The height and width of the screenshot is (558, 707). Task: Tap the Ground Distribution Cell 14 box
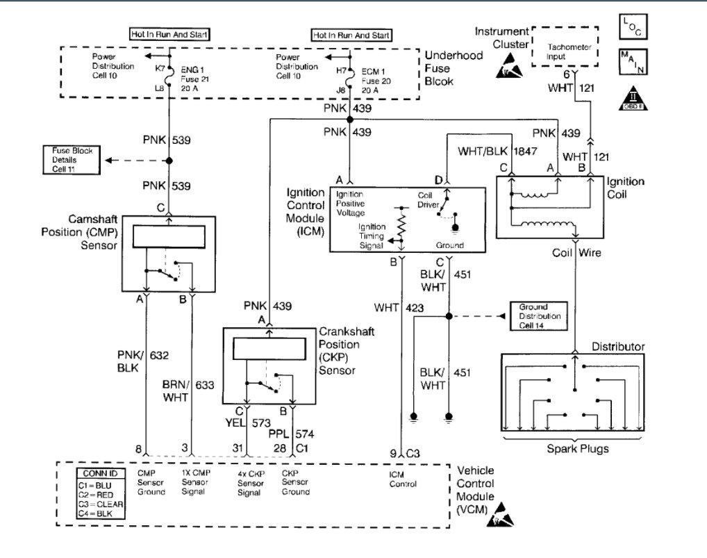click(534, 316)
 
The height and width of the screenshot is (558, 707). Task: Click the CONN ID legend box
click(100, 494)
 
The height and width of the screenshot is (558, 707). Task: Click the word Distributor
click(618, 346)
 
